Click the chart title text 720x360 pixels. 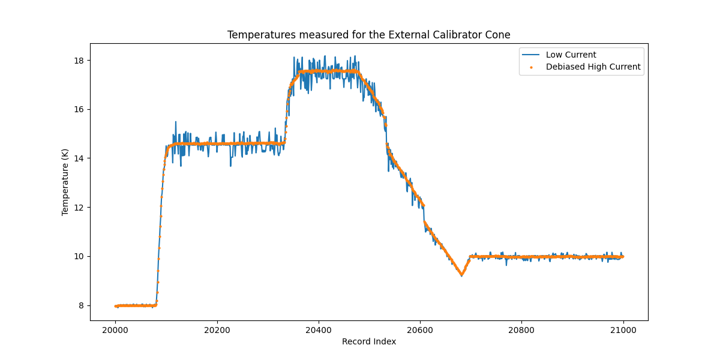click(368, 35)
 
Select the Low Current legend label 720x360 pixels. click(571, 55)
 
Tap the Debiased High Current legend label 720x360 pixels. click(593, 67)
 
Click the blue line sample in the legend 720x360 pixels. click(531, 55)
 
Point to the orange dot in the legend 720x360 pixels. click(531, 67)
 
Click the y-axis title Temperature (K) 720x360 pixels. click(65, 182)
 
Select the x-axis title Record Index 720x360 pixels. click(368, 342)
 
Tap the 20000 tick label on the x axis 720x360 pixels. click(116, 329)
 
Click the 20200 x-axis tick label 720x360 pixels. click(217, 329)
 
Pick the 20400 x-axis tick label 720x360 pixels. click(319, 329)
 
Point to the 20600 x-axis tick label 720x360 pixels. click(420, 329)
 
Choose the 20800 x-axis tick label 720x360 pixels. click(521, 329)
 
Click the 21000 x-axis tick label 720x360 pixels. click(623, 329)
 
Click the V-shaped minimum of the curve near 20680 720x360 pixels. click(461, 275)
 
